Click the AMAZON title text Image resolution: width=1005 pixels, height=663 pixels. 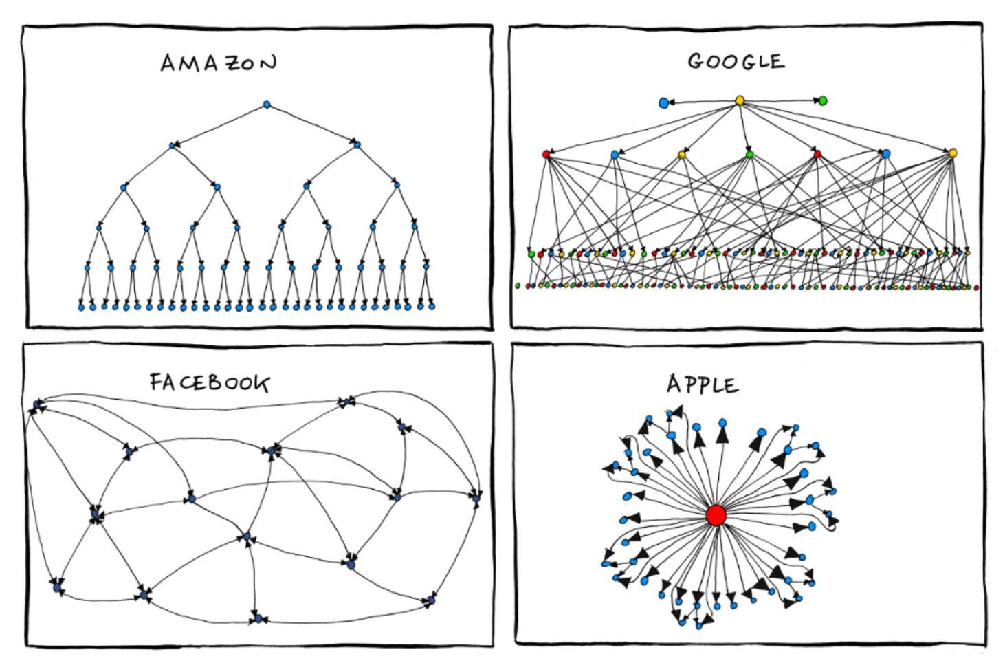click(219, 63)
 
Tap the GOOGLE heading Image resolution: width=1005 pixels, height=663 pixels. click(736, 61)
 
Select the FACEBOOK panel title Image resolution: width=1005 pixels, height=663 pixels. click(210, 382)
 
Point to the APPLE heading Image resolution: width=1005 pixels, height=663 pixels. click(703, 384)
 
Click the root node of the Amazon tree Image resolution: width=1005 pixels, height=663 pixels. click(267, 105)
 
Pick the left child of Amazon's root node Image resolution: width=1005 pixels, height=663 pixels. click(173, 145)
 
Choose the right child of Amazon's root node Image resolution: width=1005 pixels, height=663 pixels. click(357, 144)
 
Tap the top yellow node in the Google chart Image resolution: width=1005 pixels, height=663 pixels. click(740, 100)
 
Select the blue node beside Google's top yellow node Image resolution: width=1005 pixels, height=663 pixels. click(663, 102)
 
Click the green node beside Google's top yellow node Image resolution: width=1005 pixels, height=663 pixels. click(823, 100)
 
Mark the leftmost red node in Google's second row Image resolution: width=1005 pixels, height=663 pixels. click(546, 154)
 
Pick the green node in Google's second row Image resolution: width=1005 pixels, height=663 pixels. click(750, 154)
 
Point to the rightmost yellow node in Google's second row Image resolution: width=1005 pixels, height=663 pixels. click(953, 153)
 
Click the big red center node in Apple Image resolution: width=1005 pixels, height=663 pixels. click(716, 515)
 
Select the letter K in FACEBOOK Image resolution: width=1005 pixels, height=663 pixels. click(261, 383)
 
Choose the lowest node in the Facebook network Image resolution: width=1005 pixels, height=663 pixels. click(258, 619)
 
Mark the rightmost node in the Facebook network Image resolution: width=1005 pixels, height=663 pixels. click(476, 498)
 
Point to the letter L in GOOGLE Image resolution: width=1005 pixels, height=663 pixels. click(759, 62)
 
